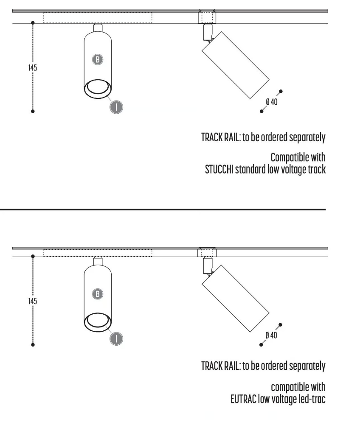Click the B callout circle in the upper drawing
click(98, 59)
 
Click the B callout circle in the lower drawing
click(98, 293)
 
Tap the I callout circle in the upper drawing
click(116, 107)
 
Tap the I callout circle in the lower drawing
click(116, 338)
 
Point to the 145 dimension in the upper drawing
click(33, 67)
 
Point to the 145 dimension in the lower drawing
click(33, 301)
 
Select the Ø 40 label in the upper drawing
click(272, 102)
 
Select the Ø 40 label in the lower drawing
click(271, 335)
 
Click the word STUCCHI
click(219, 170)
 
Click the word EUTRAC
click(243, 399)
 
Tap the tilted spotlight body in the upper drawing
click(236, 65)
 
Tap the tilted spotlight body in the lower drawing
click(236, 299)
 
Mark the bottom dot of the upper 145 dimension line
click(33, 111)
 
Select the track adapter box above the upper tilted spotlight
click(207, 17)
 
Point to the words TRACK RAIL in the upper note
click(221, 137)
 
